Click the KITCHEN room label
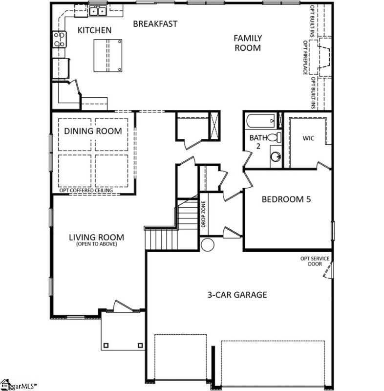tap(95, 30)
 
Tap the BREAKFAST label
tap(155, 23)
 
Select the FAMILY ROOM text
tap(247, 43)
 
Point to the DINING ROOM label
tap(93, 131)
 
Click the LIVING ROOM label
tap(96, 239)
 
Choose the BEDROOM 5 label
tap(286, 199)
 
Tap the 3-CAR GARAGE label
tap(236, 295)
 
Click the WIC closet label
tap(308, 138)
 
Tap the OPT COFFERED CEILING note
tap(86, 191)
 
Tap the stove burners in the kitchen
tap(59, 39)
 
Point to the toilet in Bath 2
tap(277, 137)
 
